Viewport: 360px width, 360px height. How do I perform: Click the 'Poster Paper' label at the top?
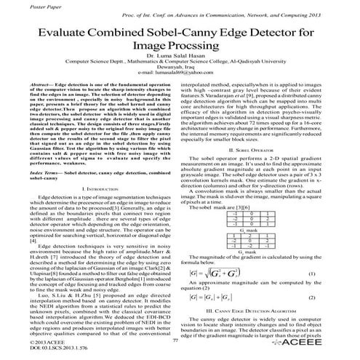click(x=22, y=4)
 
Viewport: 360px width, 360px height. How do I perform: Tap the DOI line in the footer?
click(x=36, y=350)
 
